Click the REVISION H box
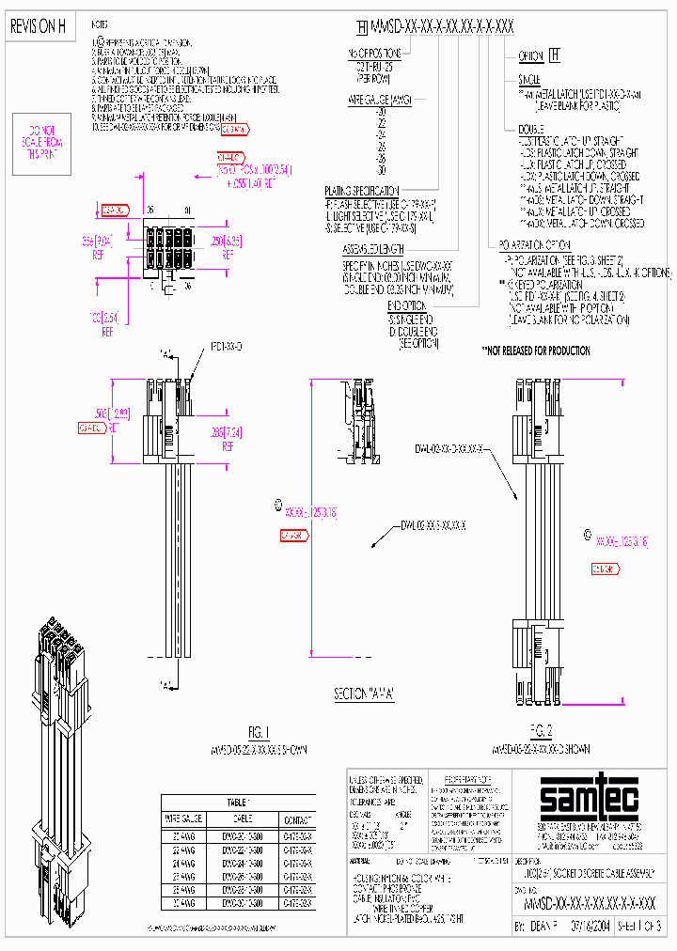click(x=38, y=28)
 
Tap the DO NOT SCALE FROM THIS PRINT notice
click(x=41, y=141)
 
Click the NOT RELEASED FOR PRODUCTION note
click(x=536, y=351)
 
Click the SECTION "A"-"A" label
click(x=364, y=694)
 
